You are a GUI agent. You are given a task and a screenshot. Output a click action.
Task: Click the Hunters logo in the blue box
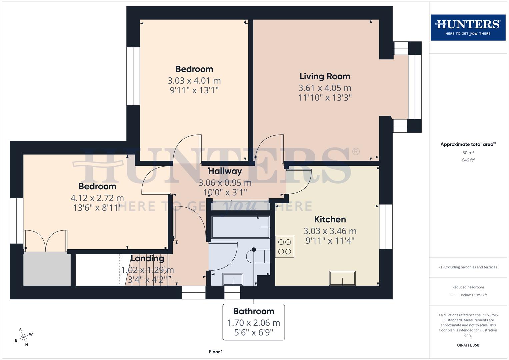[468, 27]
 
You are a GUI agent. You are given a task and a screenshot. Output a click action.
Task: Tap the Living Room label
[325, 76]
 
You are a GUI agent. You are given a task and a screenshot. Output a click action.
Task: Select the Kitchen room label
[330, 219]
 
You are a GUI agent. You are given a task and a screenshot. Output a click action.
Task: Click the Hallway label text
[225, 171]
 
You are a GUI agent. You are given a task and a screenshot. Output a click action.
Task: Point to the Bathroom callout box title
[254, 311]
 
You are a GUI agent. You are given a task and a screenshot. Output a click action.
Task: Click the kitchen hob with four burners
[285, 247]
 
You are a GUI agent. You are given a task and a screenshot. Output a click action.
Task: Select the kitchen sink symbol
[342, 278]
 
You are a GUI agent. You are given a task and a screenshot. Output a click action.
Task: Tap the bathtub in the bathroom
[240, 227]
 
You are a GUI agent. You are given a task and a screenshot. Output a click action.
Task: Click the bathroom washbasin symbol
[233, 279]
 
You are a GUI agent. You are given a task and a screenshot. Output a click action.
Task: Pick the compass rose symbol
[23, 337]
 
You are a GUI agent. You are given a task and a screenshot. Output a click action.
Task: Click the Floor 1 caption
[216, 352]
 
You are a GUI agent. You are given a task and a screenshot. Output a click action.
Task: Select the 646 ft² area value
[468, 160]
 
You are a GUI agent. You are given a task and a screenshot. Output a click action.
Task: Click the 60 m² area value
[468, 153]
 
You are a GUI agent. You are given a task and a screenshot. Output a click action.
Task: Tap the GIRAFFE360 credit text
[468, 345]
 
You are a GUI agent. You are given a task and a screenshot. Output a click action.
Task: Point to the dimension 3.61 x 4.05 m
[325, 88]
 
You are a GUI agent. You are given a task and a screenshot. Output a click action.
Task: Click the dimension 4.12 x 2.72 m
[97, 198]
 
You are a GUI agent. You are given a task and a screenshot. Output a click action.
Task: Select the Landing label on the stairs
[147, 258]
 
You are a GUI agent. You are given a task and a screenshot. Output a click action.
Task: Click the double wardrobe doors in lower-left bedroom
[46, 241]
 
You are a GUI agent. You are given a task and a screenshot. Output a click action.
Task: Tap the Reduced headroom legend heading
[468, 287]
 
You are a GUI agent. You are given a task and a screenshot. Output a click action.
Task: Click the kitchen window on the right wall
[386, 227]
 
